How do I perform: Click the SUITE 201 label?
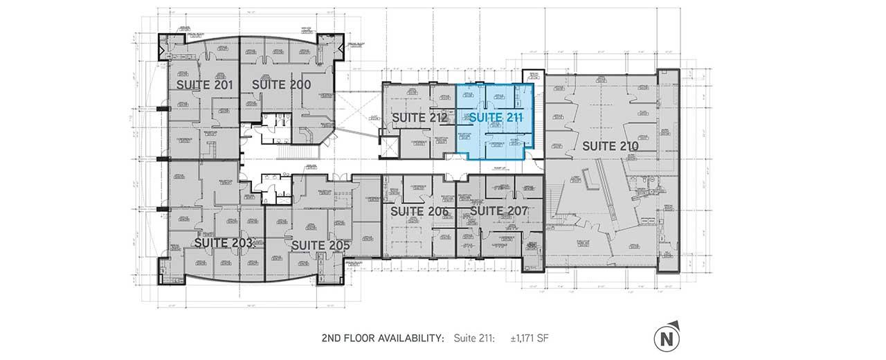coord(204,84)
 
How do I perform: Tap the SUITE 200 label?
coord(280,84)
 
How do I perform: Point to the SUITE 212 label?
coord(418,118)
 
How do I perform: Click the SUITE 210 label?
coord(610,146)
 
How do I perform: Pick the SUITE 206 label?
coord(420,210)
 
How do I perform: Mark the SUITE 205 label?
coord(320,245)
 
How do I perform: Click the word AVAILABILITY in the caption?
coord(408,338)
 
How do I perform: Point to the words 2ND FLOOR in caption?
coord(345,338)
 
